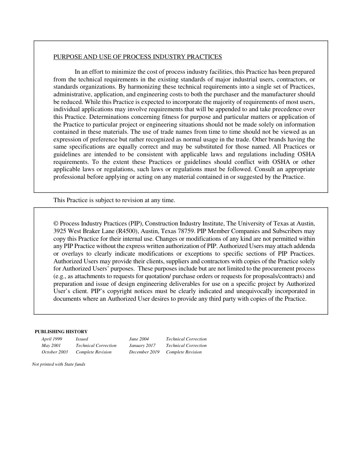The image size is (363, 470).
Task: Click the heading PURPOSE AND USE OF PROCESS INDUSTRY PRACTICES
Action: point(138,57)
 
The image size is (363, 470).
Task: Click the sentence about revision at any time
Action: point(114,200)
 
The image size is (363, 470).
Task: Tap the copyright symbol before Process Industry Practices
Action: point(56,224)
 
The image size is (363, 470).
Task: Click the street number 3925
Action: point(60,231)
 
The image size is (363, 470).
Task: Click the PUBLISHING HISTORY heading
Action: point(61,332)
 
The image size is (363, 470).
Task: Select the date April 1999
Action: point(52,339)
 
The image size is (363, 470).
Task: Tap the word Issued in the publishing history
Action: point(82,339)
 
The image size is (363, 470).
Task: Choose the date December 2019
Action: point(144,352)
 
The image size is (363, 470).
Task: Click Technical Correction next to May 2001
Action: point(96,345)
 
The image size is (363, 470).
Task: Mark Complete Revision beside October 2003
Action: point(94,352)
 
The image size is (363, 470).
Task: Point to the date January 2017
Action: point(142,345)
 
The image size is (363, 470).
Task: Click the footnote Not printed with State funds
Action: point(58,364)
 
